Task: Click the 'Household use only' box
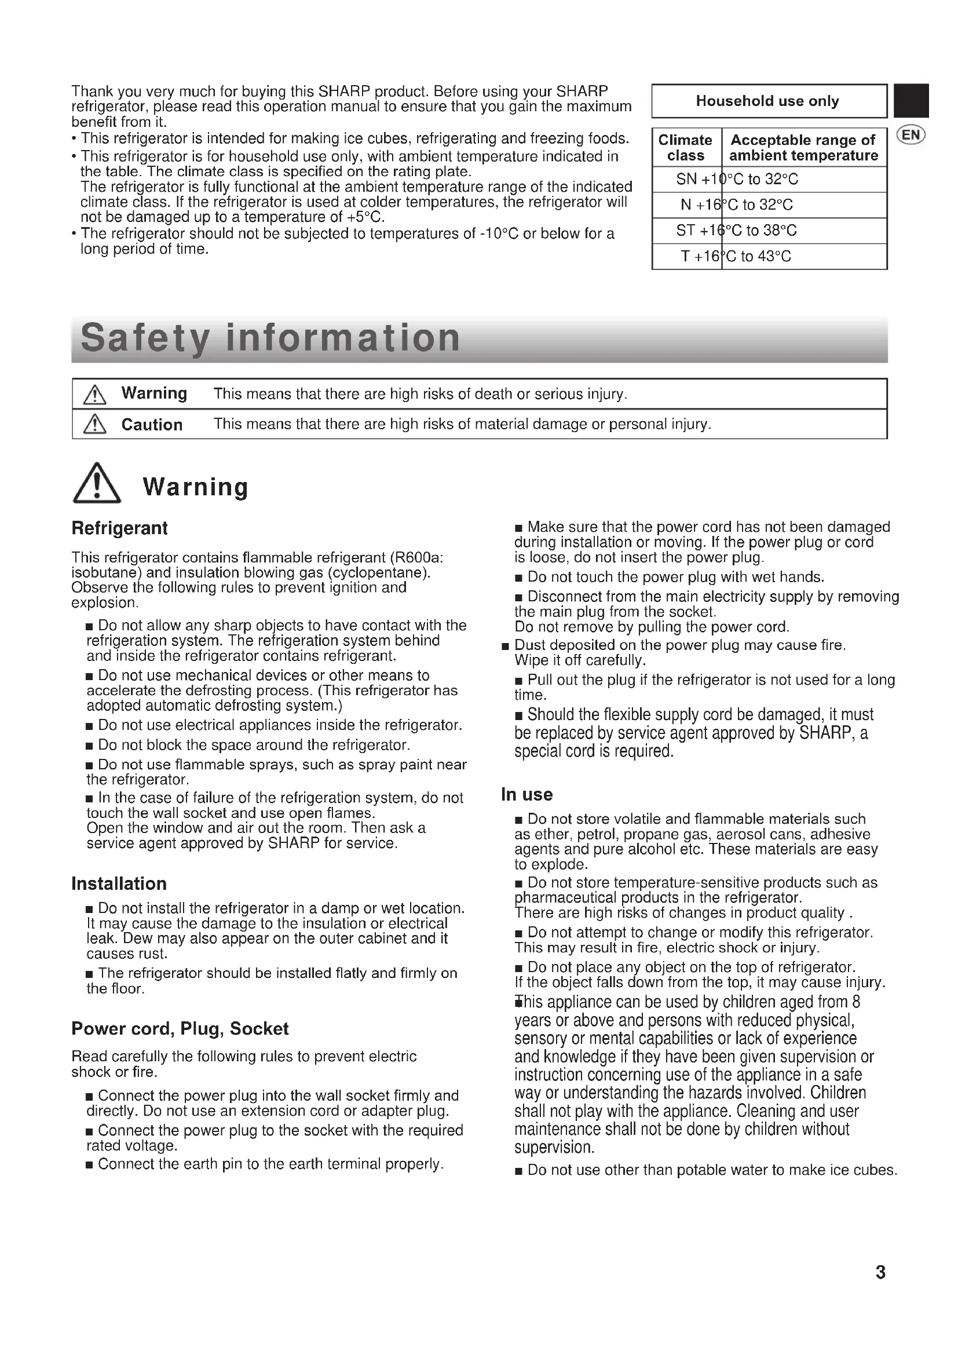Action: [769, 101]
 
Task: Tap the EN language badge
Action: [911, 135]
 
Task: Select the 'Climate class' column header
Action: [685, 148]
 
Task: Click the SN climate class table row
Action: [769, 180]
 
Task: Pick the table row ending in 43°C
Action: [769, 257]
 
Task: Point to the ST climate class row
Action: [769, 231]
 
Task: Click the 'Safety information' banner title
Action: [270, 338]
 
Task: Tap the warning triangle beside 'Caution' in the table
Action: [95, 424]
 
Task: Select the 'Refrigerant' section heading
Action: [119, 528]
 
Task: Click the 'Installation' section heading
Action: [119, 883]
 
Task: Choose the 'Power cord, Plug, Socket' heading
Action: [180, 1029]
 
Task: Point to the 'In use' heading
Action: [526, 794]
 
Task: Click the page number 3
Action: [880, 1272]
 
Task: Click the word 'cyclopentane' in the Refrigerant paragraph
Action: [378, 572]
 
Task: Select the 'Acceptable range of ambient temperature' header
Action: [803, 148]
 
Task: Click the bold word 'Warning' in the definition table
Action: [154, 393]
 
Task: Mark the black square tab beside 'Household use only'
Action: [912, 101]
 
